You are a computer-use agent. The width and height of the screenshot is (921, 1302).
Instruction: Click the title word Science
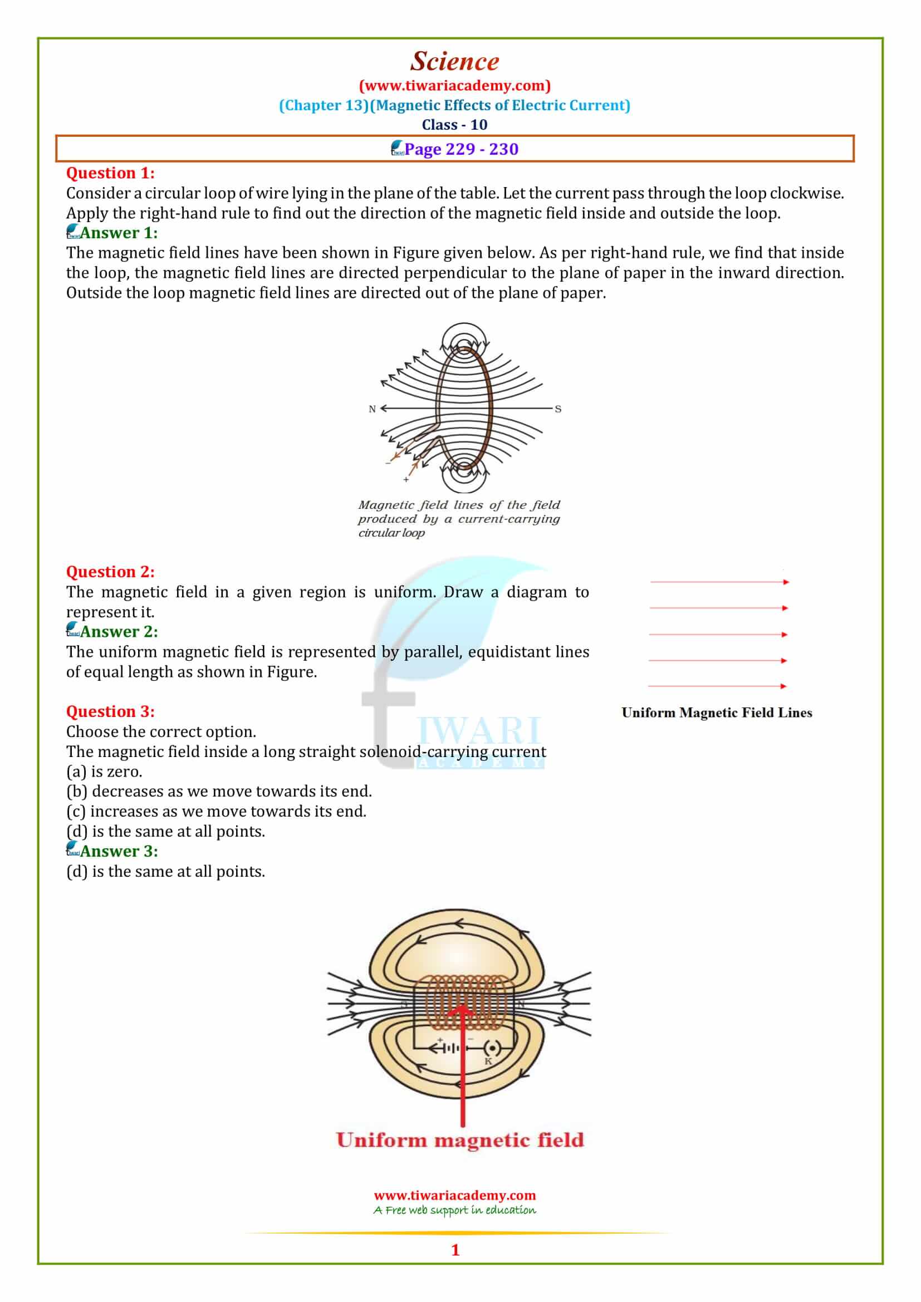point(455,61)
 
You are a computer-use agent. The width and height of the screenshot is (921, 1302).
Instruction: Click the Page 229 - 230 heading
point(461,149)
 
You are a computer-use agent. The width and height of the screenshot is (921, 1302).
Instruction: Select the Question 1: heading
point(110,173)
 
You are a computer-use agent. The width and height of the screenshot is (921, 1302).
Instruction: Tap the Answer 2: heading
point(119,632)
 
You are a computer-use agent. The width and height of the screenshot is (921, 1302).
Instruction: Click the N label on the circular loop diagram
point(372,409)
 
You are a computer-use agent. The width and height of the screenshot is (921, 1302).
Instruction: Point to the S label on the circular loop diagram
point(558,409)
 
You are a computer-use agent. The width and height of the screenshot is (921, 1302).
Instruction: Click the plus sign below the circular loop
point(406,480)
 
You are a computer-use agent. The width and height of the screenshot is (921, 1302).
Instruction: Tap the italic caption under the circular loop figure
point(458,519)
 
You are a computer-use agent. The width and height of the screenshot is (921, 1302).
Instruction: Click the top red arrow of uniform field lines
point(719,582)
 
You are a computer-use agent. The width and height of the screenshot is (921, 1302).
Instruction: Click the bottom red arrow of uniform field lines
point(717,686)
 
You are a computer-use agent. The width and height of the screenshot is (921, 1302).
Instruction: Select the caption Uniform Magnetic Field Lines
point(716,713)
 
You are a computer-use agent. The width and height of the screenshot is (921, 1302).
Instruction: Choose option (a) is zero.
point(104,772)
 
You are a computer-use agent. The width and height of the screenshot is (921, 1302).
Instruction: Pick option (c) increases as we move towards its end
point(216,812)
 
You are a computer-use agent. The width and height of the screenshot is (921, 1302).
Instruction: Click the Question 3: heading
point(110,712)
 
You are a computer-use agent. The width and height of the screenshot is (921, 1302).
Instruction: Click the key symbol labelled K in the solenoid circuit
point(492,1049)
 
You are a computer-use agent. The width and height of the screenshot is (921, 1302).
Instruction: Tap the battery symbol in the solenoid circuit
point(451,1049)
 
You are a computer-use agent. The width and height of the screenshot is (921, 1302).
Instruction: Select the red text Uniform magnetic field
point(460,1141)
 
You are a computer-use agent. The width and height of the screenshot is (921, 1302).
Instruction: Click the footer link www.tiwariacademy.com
point(455,1195)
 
